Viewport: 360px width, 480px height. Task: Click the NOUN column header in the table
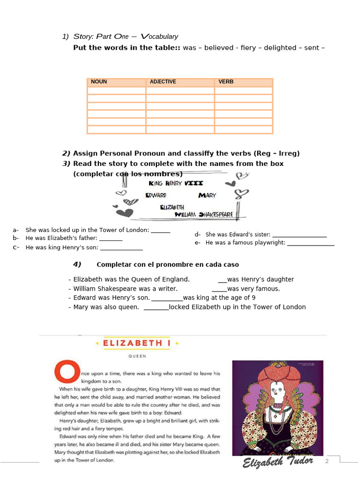click(x=99, y=82)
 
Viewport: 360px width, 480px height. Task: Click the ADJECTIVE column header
click(x=163, y=82)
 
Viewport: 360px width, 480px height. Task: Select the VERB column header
click(x=226, y=82)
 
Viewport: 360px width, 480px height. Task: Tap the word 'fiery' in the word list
click(x=248, y=48)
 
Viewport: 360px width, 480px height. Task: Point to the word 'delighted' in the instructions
click(x=280, y=48)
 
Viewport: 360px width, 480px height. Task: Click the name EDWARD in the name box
click(x=156, y=195)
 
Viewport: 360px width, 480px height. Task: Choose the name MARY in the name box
click(x=207, y=195)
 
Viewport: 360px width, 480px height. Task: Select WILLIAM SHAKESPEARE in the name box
click(x=204, y=215)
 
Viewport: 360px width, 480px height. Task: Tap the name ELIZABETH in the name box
click(x=172, y=207)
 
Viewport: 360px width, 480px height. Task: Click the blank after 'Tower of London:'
click(x=161, y=231)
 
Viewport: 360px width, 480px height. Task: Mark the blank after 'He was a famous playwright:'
click(x=311, y=243)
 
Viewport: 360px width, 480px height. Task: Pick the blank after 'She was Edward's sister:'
click(x=300, y=235)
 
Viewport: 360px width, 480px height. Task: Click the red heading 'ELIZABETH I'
click(x=136, y=343)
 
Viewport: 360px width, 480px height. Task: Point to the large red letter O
click(x=65, y=370)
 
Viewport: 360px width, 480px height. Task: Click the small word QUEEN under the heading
click(x=137, y=356)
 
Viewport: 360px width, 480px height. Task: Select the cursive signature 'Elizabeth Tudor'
click(x=278, y=463)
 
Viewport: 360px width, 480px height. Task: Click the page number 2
click(x=327, y=462)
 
